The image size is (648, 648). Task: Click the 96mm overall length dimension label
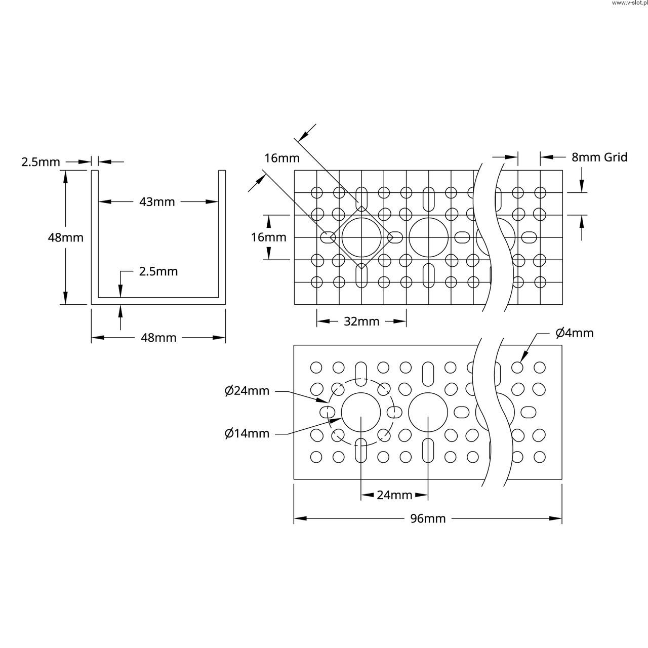(x=428, y=518)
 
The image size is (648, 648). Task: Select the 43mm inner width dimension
(x=157, y=202)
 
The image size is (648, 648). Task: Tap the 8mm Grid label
(x=599, y=157)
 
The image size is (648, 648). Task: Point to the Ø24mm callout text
(x=247, y=391)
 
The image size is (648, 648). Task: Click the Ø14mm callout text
(x=247, y=433)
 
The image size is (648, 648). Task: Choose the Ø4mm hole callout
(x=574, y=333)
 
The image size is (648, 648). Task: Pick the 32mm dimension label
(x=361, y=321)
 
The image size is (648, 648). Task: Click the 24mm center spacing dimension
(x=394, y=495)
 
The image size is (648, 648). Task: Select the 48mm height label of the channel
(x=65, y=237)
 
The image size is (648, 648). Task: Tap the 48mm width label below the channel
(x=158, y=338)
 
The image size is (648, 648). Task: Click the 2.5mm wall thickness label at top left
(x=40, y=163)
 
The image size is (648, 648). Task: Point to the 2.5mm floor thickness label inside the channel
(x=158, y=271)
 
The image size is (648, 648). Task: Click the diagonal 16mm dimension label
(x=282, y=158)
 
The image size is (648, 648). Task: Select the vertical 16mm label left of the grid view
(x=268, y=237)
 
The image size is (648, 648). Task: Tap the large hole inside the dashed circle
(x=361, y=412)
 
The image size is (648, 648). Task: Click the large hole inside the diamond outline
(x=361, y=237)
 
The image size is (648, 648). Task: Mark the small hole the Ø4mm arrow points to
(x=517, y=367)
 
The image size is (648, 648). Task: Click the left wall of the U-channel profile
(x=95, y=233)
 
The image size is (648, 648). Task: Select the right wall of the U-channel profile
(x=222, y=233)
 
